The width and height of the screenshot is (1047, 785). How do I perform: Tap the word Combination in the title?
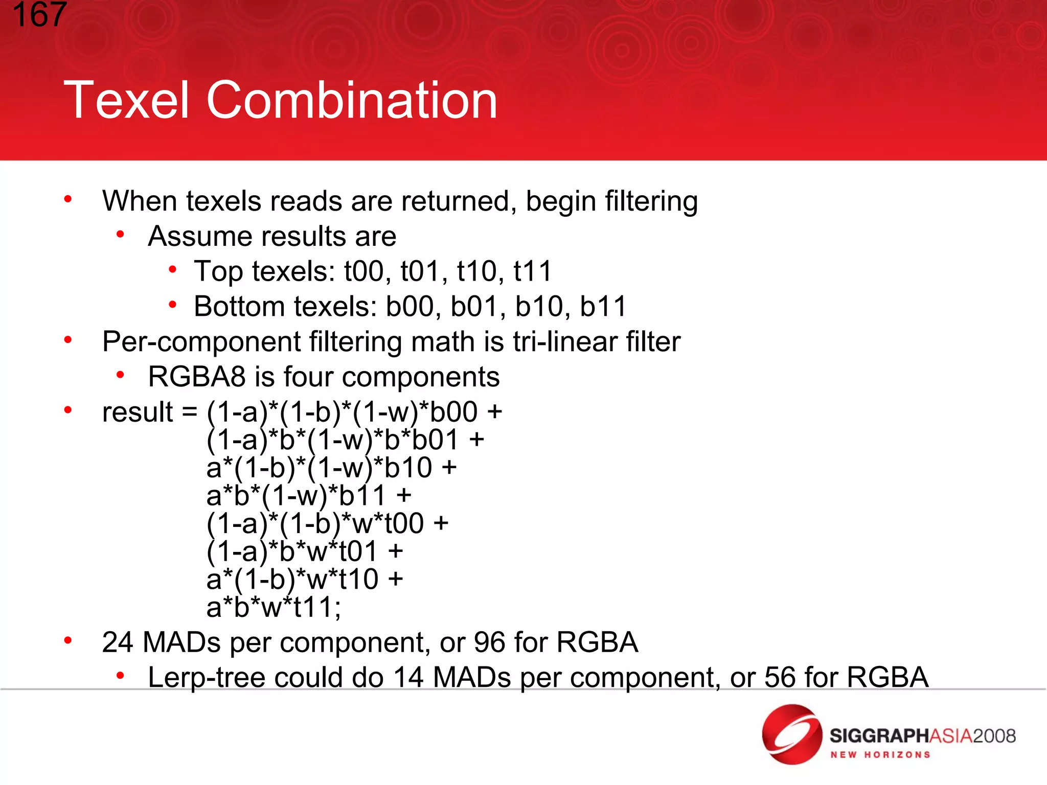coord(351,100)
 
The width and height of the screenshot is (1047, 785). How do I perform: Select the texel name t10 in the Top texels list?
coord(477,271)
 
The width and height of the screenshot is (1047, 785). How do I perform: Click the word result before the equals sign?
coord(138,412)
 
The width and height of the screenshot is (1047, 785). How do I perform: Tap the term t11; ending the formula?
coord(317,608)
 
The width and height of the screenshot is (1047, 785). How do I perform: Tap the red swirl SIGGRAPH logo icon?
coord(791,734)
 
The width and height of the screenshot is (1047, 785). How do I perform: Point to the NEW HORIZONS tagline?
coord(880,755)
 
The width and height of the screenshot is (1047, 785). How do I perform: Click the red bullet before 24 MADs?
coord(68,640)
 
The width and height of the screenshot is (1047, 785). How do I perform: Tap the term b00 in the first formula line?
coord(453,412)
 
